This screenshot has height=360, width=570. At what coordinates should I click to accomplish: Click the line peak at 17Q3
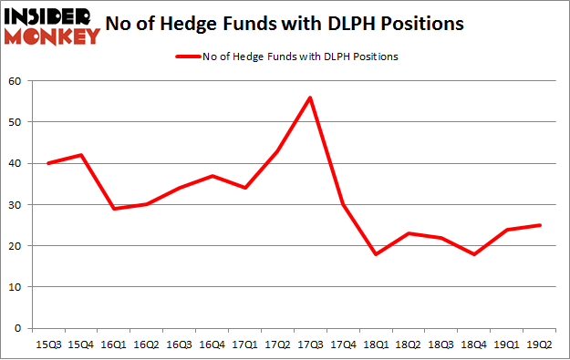coord(310,98)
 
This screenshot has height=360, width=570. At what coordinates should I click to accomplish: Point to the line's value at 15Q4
coord(80,155)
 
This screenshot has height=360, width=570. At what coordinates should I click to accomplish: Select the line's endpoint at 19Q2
coord(539,225)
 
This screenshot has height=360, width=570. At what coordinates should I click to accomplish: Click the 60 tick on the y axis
coord(16,81)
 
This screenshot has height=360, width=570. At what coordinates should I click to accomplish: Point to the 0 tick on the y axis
coord(18,328)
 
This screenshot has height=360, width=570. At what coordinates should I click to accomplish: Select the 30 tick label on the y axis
coord(16,205)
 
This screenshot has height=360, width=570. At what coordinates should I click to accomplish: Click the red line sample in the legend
coord(191,57)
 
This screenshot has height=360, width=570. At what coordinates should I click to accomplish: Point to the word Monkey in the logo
coord(53,36)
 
